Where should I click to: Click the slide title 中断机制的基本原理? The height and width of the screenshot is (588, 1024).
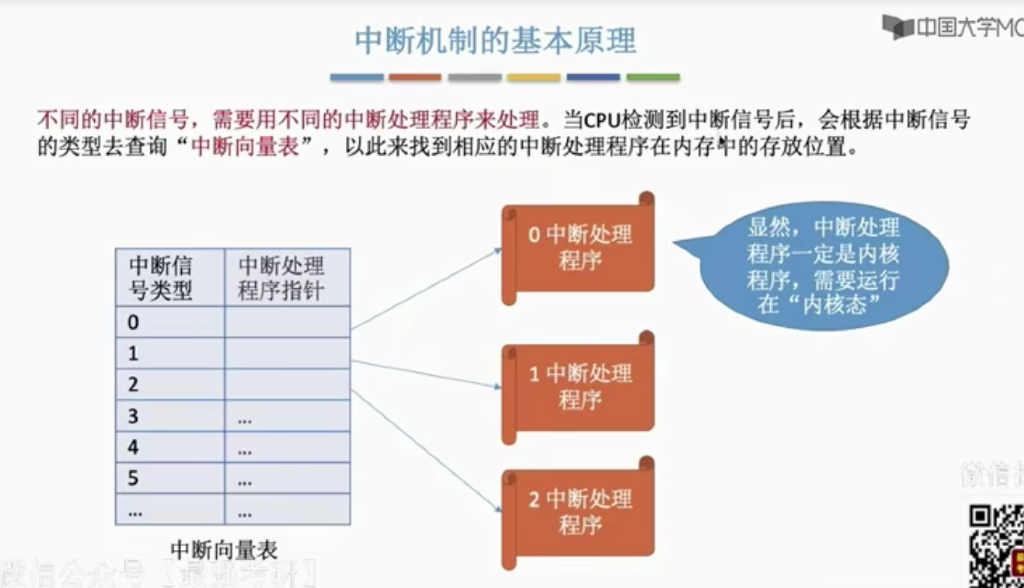point(495,41)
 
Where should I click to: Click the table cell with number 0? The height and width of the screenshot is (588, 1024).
point(170,322)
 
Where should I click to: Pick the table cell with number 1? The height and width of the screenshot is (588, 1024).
point(170,353)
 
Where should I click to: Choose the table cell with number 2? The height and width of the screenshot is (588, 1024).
point(170,384)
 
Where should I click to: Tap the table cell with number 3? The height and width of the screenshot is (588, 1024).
point(170,416)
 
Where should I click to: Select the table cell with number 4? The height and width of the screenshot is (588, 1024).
point(170,447)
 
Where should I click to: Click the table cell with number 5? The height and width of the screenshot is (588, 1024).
point(170,478)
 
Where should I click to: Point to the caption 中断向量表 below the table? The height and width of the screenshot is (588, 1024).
point(224,550)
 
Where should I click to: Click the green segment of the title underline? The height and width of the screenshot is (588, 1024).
point(653,77)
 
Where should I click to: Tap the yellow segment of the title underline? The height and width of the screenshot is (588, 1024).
point(534,77)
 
